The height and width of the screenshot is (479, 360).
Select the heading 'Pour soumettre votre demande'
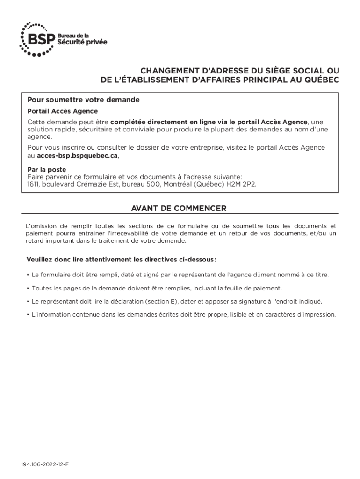pos(83,100)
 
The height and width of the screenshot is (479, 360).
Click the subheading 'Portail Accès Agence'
pos(62,111)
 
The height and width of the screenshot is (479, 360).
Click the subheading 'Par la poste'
pos(47,169)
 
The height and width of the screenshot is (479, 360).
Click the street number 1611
pos(34,184)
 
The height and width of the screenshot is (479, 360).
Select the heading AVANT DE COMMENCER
pos(180,208)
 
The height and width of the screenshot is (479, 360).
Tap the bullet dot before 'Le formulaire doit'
pos(28,275)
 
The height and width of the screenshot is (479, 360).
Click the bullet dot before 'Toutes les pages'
pos(28,288)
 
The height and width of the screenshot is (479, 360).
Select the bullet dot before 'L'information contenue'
pos(28,315)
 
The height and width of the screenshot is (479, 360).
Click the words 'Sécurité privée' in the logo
pos(82,43)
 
